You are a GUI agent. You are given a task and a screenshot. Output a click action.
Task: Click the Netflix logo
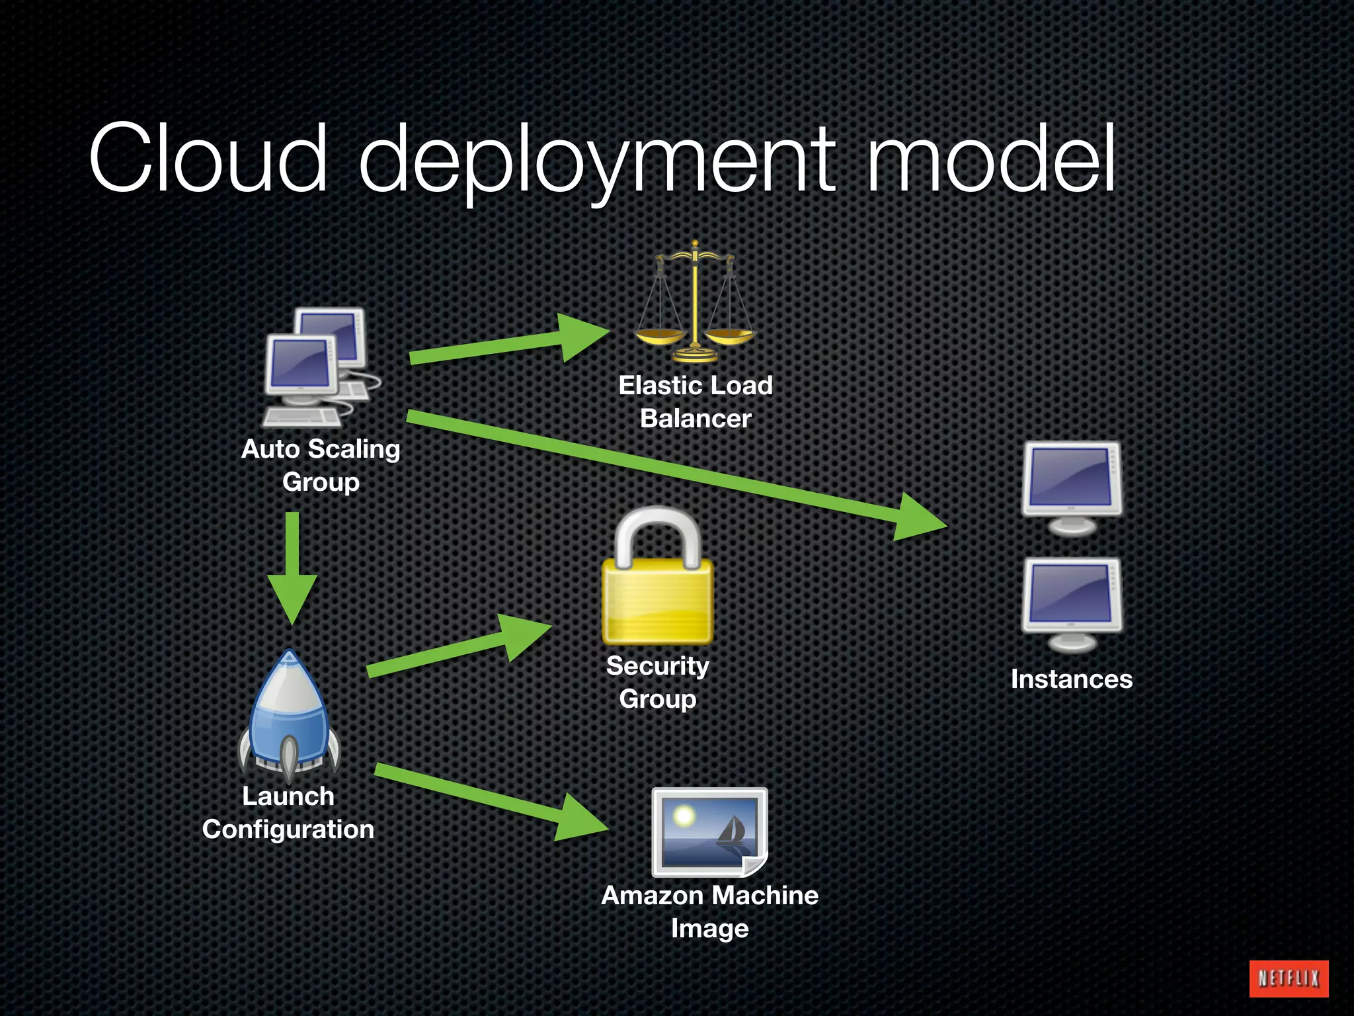pyautogui.click(x=1289, y=978)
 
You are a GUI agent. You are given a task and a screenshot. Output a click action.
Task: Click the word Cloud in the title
pyautogui.click(x=209, y=159)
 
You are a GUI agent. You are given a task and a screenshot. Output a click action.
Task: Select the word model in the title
pyautogui.click(x=991, y=159)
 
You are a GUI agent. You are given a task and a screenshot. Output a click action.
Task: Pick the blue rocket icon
pyautogui.click(x=289, y=715)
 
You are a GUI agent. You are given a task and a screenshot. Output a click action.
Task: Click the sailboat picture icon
pyautogui.click(x=709, y=832)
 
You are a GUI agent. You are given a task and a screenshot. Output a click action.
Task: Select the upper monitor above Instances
pyautogui.click(x=1071, y=487)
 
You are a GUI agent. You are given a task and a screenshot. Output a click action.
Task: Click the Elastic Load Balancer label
pyautogui.click(x=696, y=402)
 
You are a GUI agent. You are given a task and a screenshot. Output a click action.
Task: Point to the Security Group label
pyautogui.click(x=658, y=682)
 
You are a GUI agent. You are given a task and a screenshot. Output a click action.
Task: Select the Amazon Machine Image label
pyautogui.click(x=709, y=911)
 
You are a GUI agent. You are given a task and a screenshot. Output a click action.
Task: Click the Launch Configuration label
pyautogui.click(x=288, y=812)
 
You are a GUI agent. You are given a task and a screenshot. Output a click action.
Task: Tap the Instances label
pyautogui.click(x=1071, y=679)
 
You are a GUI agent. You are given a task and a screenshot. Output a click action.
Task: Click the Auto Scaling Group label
pyautogui.click(x=321, y=465)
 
